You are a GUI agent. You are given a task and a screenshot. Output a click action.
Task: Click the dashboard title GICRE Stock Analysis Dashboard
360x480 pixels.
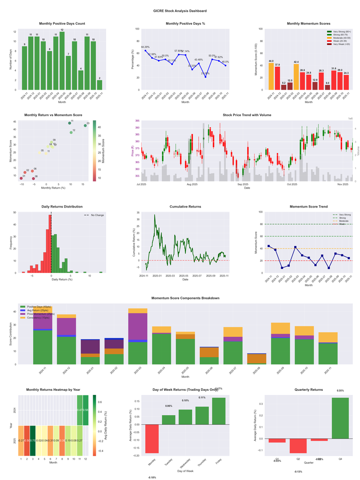click(180, 10)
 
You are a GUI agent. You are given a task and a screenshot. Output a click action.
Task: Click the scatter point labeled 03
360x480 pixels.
click(85, 125)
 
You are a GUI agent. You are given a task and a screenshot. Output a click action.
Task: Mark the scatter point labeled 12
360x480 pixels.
click(71, 132)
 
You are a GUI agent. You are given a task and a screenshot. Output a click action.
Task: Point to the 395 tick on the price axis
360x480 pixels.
click(136, 121)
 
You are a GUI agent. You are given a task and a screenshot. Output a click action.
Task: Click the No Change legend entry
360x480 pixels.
click(97, 215)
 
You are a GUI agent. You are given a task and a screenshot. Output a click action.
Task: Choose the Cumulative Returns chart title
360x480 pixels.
click(185, 207)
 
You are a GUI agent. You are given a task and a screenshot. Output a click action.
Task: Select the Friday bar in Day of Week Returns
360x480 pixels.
click(219, 411)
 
